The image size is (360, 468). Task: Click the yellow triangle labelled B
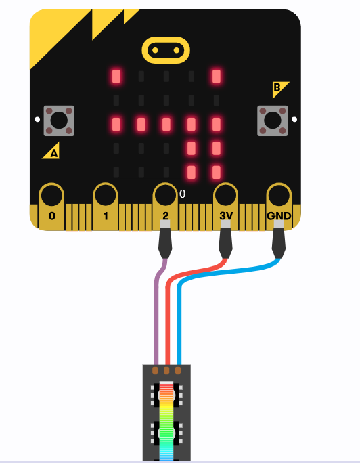[279, 88]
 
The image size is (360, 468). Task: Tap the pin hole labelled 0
[52, 196]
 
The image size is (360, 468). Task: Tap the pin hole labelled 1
[106, 196]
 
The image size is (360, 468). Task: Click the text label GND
[279, 216]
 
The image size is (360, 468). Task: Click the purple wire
[156, 310]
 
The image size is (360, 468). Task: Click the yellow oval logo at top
[166, 50]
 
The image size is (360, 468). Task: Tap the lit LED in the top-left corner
[116, 77]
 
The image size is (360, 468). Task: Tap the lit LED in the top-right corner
[217, 77]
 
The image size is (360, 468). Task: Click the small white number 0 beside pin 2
[183, 194]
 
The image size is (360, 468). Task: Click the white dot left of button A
[37, 119]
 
